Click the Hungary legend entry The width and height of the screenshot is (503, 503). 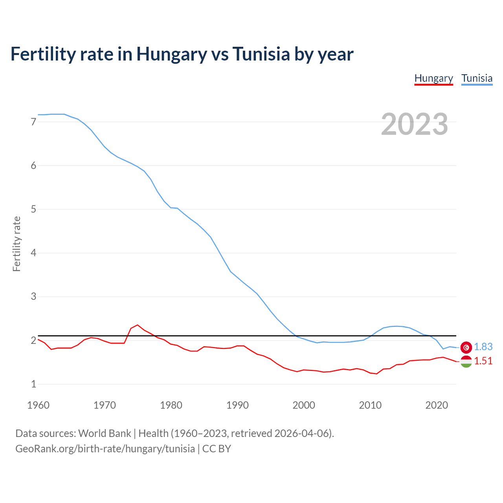433,78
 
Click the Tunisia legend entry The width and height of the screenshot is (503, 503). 477,78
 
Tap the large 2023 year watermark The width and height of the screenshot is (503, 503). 414,124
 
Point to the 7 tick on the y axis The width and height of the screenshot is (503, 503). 33,122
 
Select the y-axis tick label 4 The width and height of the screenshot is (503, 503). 33,253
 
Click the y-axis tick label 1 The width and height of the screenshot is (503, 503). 33,384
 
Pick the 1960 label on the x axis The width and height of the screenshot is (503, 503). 38,405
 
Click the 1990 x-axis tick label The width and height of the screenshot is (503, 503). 237,405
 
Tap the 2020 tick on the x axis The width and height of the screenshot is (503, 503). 437,405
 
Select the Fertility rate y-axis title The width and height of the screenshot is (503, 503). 17,244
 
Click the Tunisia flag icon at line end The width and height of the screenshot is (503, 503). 466,347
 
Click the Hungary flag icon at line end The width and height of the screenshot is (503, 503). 466,361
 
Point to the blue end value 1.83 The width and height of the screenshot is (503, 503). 483,347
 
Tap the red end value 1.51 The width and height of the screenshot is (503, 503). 483,361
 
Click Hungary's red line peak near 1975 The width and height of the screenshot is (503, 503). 137,325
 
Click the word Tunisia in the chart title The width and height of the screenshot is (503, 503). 261,54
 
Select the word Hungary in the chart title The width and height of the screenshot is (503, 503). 171,54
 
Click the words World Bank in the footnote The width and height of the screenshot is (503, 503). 105,433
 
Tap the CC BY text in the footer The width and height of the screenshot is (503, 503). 217,448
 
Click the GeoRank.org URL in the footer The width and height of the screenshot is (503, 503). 105,448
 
